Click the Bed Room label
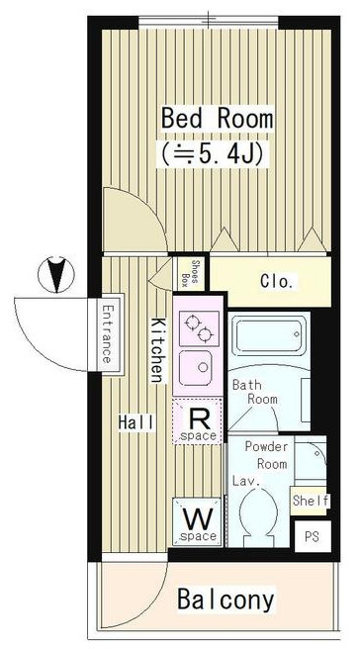[x=218, y=119]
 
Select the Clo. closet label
[x=277, y=281]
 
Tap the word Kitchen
[x=156, y=350]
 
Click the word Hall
[x=137, y=422]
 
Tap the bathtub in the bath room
[x=269, y=340]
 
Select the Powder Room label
[x=266, y=455]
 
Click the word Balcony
[x=225, y=599]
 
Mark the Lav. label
[x=246, y=482]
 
